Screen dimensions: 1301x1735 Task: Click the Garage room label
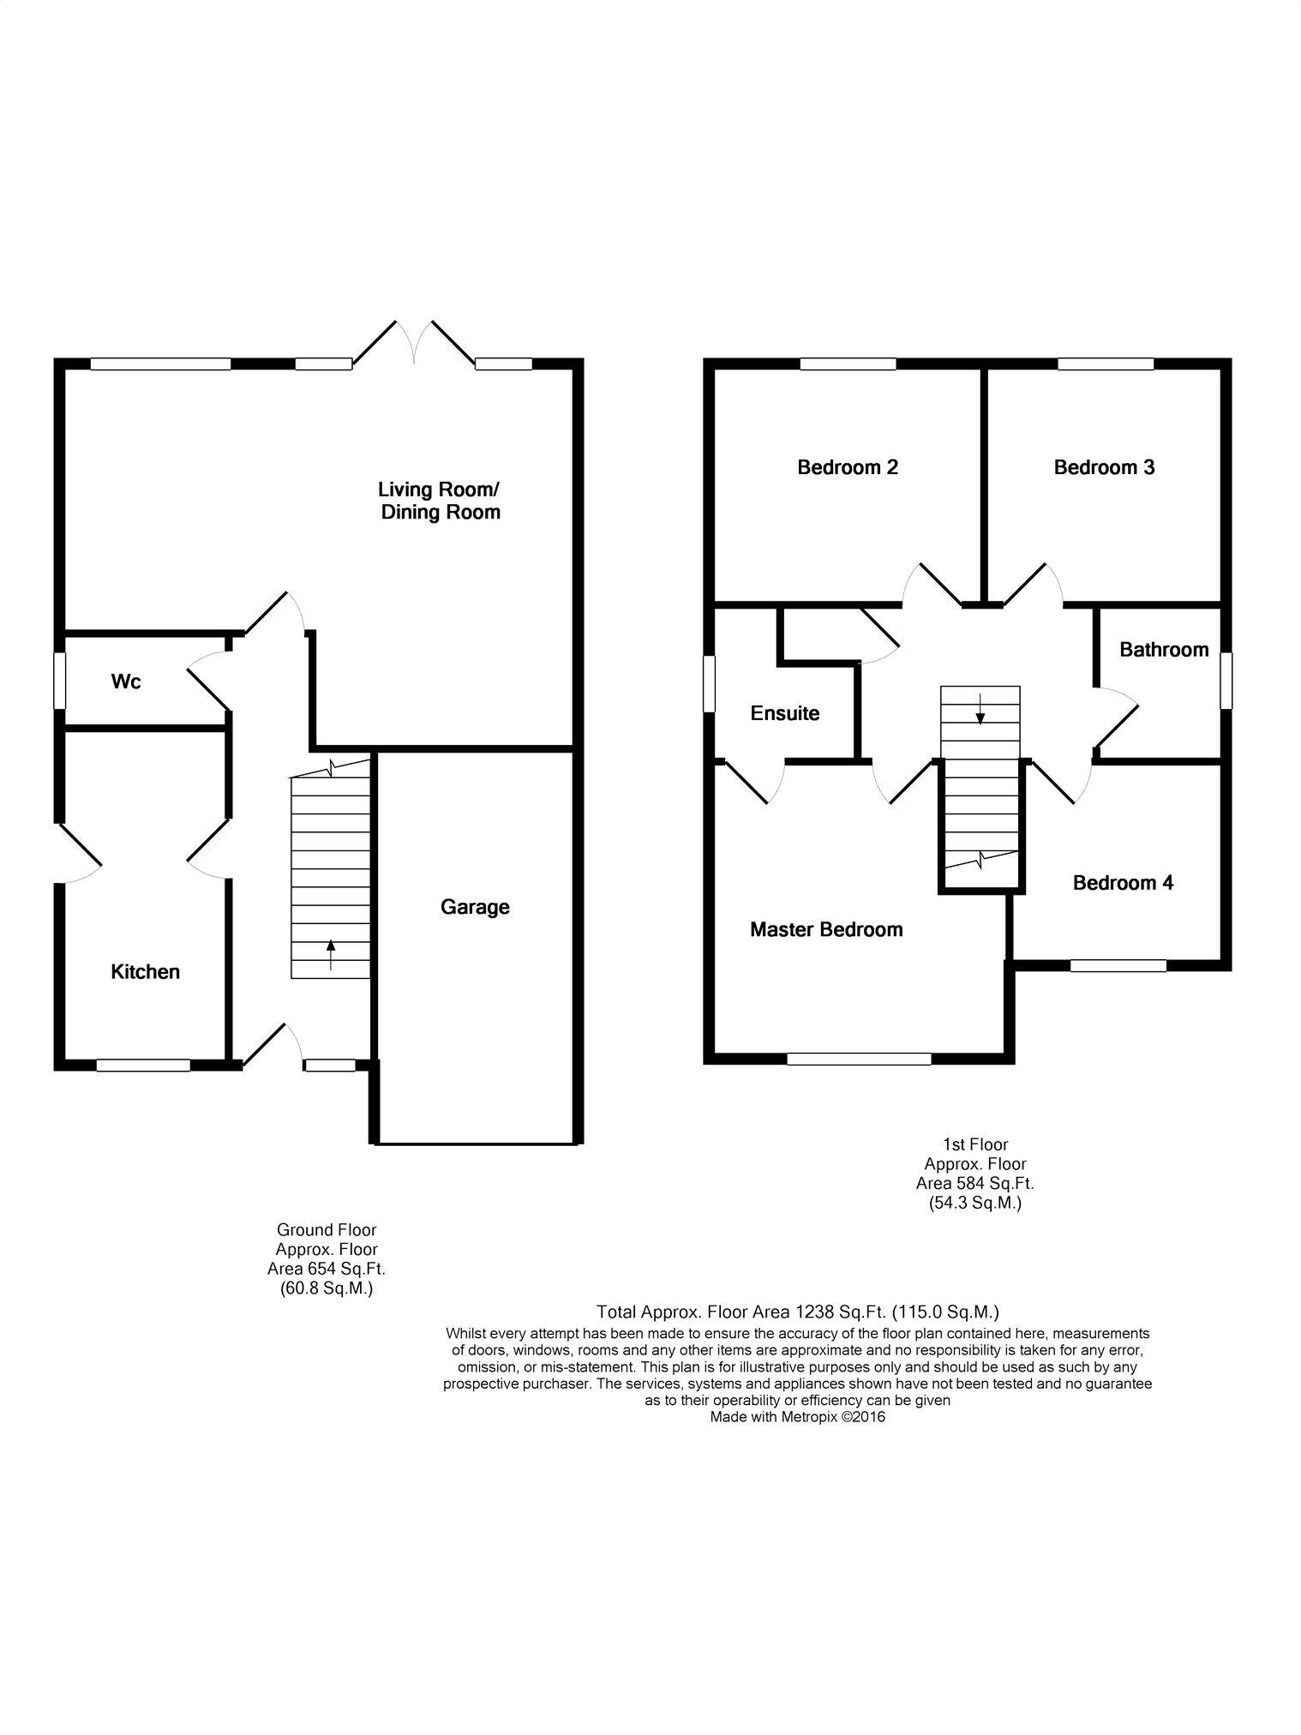pos(475,908)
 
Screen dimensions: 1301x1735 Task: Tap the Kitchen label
pos(146,971)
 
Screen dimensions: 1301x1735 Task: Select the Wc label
pos(126,682)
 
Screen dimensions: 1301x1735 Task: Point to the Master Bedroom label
pos(826,929)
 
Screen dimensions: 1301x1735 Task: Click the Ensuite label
pos(785,713)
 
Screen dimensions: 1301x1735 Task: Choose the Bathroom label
pos(1164,650)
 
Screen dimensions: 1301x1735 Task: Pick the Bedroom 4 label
pos(1123,883)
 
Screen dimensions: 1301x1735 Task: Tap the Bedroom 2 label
pos(848,467)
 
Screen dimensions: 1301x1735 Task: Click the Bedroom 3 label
pos(1104,467)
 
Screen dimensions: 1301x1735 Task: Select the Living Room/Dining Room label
pos(440,501)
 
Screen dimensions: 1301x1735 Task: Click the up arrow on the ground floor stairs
pos(331,955)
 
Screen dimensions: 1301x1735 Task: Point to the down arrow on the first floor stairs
pos(980,707)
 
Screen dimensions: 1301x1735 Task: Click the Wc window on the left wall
pos(60,682)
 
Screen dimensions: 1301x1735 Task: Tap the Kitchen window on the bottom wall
pos(143,1066)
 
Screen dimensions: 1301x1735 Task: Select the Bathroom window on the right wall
pos(1226,681)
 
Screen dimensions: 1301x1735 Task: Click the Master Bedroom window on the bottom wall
pos(859,1059)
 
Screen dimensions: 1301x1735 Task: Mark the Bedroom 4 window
pos(1118,965)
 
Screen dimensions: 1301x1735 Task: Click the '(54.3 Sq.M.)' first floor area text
pos(975,1203)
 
